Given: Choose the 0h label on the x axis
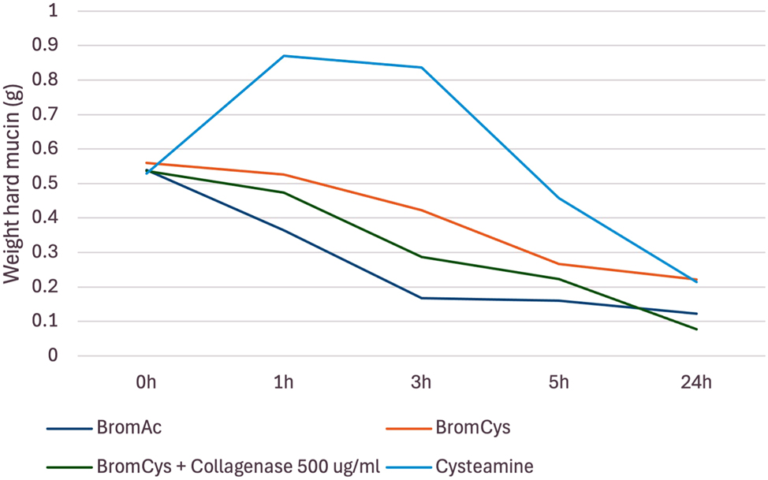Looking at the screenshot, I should [x=146, y=383].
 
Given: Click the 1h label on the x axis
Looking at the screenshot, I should [x=284, y=383].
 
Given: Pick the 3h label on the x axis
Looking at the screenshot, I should [x=421, y=383].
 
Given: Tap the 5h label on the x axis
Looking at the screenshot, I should [x=559, y=383].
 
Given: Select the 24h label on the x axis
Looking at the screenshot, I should [x=696, y=383].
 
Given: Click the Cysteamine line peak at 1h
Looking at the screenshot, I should [x=284, y=56].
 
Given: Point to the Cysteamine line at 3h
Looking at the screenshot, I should [x=421, y=67].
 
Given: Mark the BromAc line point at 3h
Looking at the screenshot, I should [x=421, y=298].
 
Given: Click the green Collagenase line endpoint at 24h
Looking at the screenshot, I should [x=696, y=329].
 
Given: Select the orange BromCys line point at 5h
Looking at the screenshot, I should [x=559, y=264].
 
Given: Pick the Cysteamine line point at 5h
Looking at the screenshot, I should [x=559, y=198].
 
